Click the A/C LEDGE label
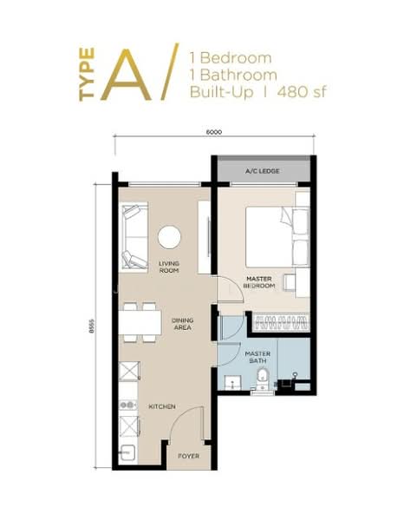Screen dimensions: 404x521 (x=262, y=171)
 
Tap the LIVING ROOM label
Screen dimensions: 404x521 (x=169, y=267)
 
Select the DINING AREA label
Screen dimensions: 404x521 (x=182, y=324)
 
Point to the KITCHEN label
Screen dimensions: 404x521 (x=162, y=406)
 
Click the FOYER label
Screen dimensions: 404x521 (x=189, y=456)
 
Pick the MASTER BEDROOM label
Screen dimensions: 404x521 (x=259, y=282)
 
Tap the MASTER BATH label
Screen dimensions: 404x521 (x=257, y=357)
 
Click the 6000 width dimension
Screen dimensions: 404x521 (x=214, y=132)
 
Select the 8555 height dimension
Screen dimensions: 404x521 (x=92, y=326)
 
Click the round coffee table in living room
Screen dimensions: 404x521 (x=169, y=237)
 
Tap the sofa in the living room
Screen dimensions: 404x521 (x=134, y=237)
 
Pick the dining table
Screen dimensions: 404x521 (x=140, y=322)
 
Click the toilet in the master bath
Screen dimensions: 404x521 (x=264, y=379)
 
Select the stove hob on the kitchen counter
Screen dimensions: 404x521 (x=128, y=405)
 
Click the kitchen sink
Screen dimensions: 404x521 (x=128, y=453)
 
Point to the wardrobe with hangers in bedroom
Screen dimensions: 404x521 (x=281, y=322)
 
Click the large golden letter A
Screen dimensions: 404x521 (x=127, y=75)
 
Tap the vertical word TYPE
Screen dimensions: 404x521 (x=87, y=74)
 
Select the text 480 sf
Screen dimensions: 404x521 (x=302, y=92)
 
